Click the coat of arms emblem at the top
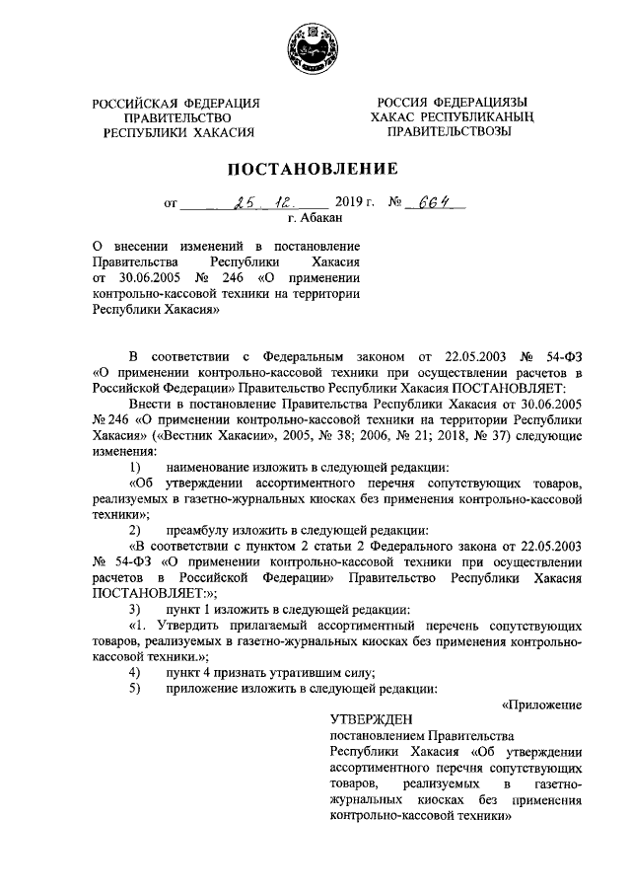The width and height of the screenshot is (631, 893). coord(315,45)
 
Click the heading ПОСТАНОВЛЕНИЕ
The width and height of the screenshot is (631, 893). coord(315,169)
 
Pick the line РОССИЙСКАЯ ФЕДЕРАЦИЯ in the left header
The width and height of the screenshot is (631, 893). coord(176,104)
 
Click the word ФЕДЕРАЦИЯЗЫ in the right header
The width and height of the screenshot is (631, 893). coord(481,103)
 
